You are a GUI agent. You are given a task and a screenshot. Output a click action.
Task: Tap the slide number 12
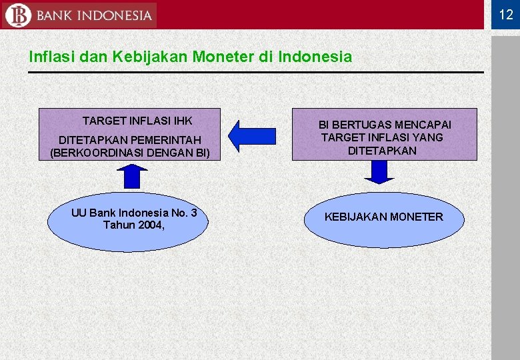pos(506,15)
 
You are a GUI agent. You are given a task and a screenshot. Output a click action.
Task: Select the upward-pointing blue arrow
pos(132,175)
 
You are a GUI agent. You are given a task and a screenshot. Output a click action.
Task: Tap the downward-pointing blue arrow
pos(379,172)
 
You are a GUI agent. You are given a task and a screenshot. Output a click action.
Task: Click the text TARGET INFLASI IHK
pos(137,121)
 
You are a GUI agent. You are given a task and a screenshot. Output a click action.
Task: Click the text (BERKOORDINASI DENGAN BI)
pos(130,153)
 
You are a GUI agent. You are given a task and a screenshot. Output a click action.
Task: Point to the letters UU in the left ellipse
pos(79,213)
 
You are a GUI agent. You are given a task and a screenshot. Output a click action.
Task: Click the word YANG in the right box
pos(429,137)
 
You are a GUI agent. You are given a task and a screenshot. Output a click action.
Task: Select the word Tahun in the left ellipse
pos(118,225)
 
